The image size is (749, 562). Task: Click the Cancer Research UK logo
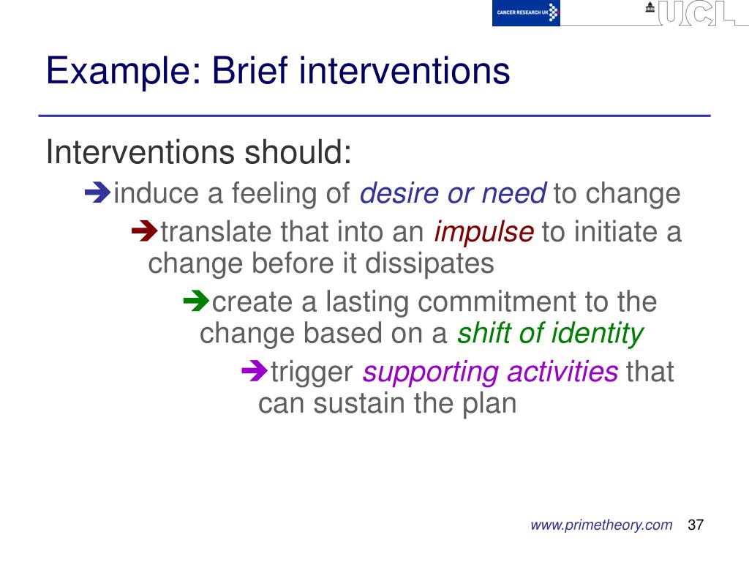[x=526, y=13]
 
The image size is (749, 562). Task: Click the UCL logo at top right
[x=695, y=13]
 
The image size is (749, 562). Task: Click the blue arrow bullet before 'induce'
[x=97, y=193]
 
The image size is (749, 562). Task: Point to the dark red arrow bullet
[x=144, y=233]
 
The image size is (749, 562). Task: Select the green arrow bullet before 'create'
[x=195, y=301]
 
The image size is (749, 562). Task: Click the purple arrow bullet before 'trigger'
[x=254, y=371]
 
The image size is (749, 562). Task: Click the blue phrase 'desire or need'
[x=453, y=194]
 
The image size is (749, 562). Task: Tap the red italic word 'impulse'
[x=483, y=233]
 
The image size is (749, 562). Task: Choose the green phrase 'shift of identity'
[x=550, y=334]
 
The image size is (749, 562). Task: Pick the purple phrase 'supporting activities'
[x=490, y=372]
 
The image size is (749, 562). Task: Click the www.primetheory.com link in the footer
[x=601, y=525]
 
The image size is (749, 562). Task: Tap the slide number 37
[x=696, y=525]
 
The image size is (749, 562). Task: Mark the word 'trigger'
[x=312, y=372]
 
